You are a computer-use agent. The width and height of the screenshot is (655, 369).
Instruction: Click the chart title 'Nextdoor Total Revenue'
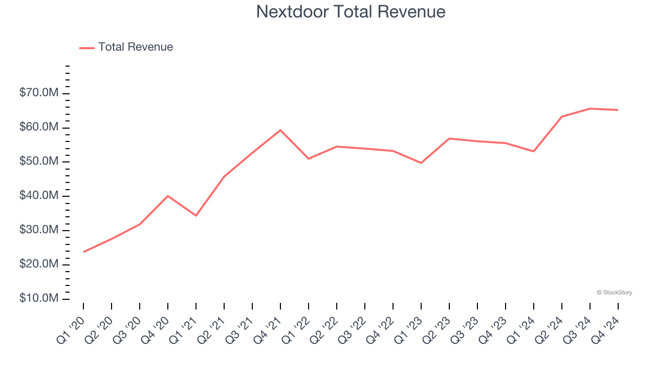tap(351, 12)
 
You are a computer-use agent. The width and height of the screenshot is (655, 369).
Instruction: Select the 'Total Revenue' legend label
tap(136, 47)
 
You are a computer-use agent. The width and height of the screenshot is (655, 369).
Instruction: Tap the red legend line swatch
tap(87, 48)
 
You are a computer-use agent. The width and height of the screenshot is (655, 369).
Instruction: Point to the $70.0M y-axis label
tap(39, 93)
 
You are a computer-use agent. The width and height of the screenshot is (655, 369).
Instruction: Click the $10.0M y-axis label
tap(39, 299)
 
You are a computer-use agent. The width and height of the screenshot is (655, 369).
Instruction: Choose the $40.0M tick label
tap(39, 196)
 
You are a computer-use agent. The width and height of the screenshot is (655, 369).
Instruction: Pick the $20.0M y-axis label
tap(39, 264)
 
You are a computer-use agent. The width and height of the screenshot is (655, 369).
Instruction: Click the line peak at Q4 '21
tap(280, 130)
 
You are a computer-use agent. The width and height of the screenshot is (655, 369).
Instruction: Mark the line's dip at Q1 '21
tap(196, 215)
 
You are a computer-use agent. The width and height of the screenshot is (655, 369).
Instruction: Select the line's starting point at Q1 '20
tap(83, 252)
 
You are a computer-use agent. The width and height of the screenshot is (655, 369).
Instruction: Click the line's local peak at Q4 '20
tap(168, 196)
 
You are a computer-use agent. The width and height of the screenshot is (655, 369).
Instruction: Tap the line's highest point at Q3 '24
tap(590, 109)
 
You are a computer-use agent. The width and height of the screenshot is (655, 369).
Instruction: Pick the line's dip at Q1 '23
tap(421, 163)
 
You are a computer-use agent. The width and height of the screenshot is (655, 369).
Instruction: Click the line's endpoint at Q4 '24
tap(618, 110)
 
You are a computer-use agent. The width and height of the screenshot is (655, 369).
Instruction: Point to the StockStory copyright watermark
tap(614, 293)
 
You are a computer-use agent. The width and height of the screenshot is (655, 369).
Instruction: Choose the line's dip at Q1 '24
tap(534, 151)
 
